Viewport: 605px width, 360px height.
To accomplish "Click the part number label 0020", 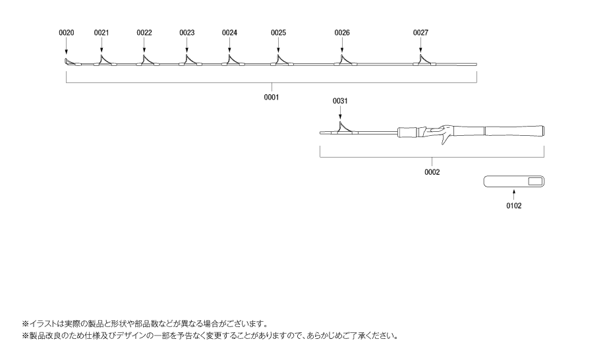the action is point(67,33).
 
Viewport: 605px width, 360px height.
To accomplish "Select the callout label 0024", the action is point(229,33).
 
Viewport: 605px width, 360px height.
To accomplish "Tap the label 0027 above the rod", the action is point(420,33).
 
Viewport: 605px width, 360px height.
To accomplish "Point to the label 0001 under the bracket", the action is point(272,97).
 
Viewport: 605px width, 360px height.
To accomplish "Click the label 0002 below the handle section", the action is point(432,172).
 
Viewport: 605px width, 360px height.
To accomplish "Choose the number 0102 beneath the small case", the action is point(514,206).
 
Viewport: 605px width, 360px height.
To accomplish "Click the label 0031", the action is point(340,101).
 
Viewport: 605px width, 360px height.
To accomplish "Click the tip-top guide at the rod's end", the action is point(68,61).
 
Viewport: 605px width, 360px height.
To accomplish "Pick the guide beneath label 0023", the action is point(188,60).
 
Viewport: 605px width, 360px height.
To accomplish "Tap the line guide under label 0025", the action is point(280,60).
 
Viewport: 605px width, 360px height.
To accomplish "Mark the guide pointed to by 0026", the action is point(344,60).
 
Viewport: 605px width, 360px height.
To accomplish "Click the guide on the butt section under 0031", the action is point(343,128).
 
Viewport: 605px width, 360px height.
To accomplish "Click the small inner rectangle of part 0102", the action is point(535,181).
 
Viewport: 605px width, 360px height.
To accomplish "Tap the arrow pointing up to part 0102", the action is point(514,195).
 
